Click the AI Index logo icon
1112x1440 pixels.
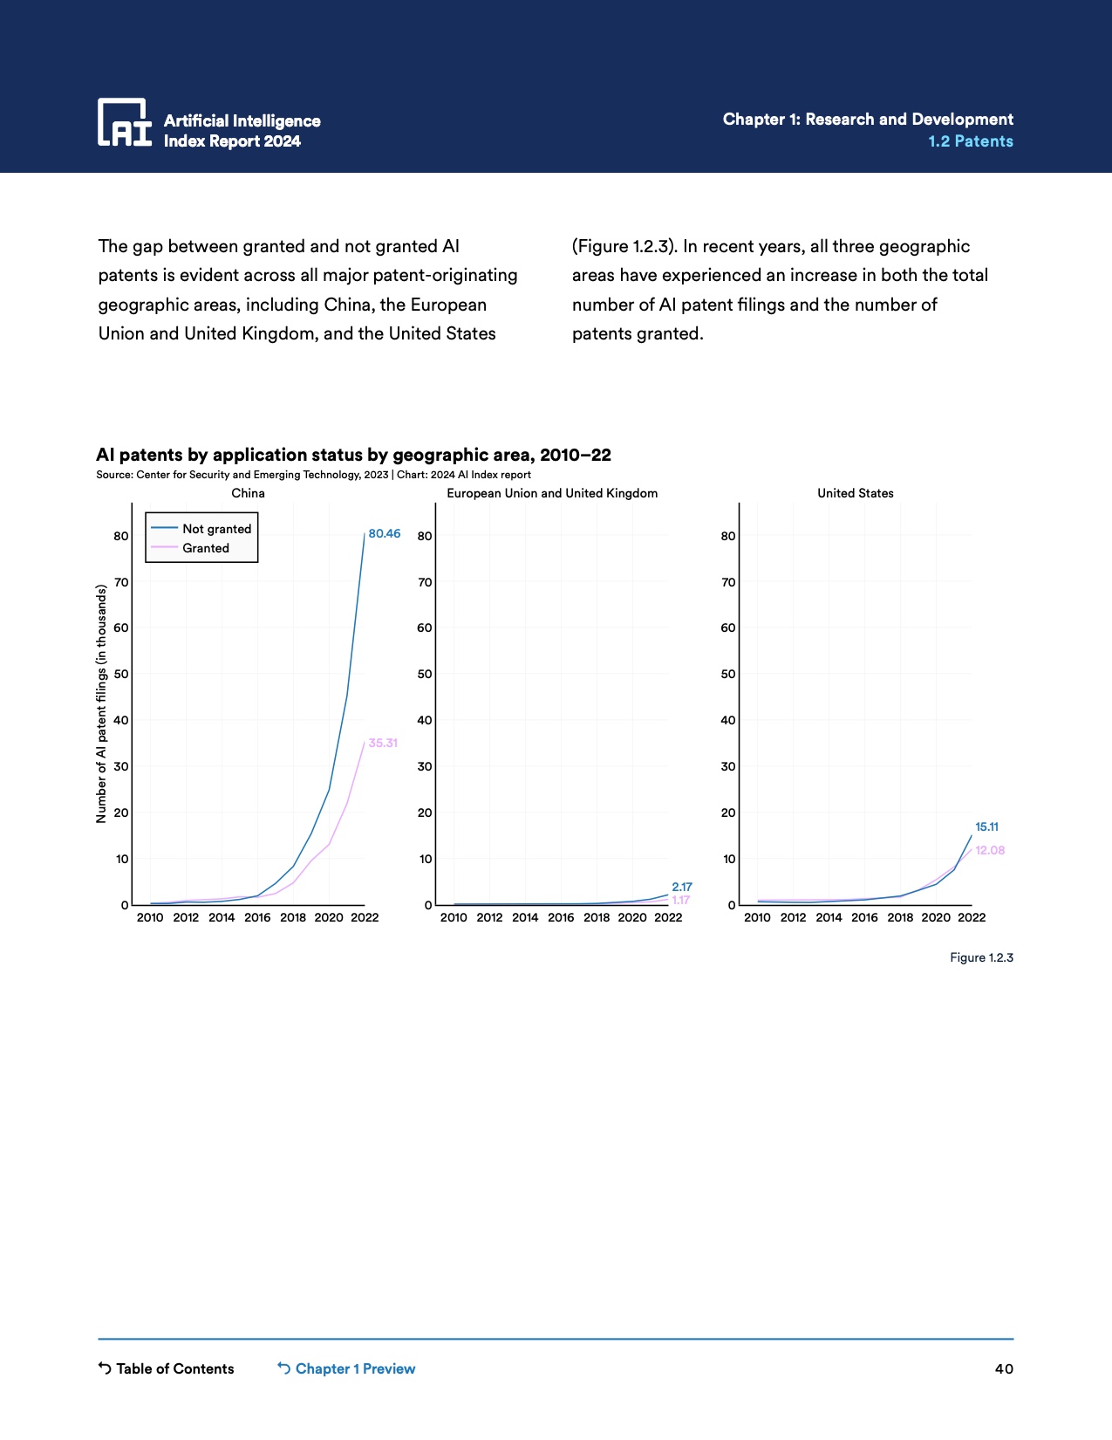coord(124,122)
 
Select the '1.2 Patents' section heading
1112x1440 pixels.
coord(970,141)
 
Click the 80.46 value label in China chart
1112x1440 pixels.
coord(385,533)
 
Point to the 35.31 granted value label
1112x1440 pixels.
coord(383,743)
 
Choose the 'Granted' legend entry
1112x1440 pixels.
coord(206,548)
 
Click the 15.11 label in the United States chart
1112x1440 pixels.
coord(986,826)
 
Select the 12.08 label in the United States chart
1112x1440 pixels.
coord(990,850)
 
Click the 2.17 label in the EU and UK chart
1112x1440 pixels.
coord(682,887)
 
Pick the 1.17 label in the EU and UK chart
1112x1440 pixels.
coord(680,900)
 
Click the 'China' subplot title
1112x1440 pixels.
coord(248,493)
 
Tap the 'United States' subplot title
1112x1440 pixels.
coord(855,493)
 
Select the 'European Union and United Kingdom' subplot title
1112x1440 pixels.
coord(552,493)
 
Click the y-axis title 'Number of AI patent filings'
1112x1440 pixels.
coord(101,703)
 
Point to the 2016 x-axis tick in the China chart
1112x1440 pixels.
coord(257,917)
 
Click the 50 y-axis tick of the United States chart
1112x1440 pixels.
coord(727,674)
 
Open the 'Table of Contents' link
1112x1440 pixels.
coord(174,1368)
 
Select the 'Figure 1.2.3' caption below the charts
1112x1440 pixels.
coord(981,957)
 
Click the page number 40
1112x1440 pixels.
coord(1004,1368)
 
